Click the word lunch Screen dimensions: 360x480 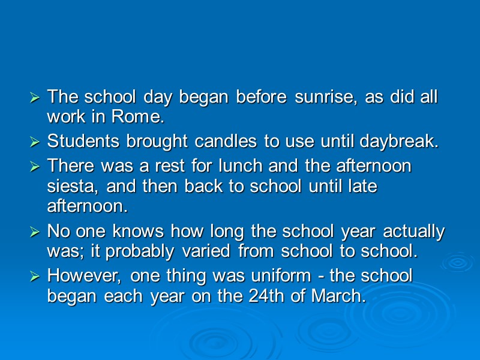click(x=247, y=166)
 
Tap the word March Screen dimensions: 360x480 click(x=340, y=296)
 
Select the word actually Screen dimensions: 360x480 click(x=414, y=231)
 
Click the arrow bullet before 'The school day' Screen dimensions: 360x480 click(x=35, y=97)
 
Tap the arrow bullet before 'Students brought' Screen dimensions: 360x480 click(x=35, y=143)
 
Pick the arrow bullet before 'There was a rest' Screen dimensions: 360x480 click(x=35, y=166)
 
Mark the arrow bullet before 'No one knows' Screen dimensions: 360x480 click(x=35, y=232)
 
